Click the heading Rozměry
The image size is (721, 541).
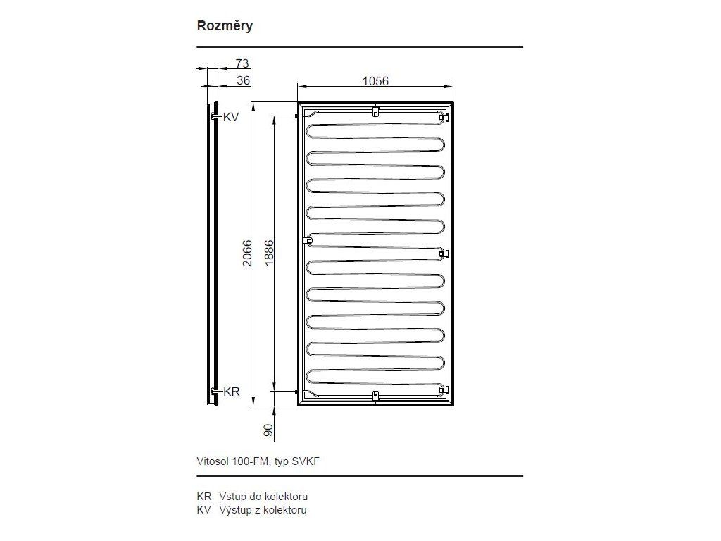(x=225, y=26)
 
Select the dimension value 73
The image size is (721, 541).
(x=242, y=63)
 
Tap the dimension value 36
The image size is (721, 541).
(x=243, y=80)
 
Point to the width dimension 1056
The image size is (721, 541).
(x=375, y=81)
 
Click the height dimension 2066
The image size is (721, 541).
(x=247, y=253)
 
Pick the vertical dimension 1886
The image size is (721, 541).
(x=269, y=252)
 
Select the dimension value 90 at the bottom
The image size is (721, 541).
(x=268, y=430)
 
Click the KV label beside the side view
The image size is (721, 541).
(x=231, y=118)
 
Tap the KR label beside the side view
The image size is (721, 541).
(x=232, y=392)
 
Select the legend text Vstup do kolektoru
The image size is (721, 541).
(x=263, y=497)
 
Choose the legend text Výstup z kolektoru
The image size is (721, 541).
(x=263, y=510)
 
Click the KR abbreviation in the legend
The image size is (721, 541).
(x=204, y=497)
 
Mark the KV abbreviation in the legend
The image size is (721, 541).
(x=203, y=510)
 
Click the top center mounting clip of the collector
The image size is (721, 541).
(x=376, y=111)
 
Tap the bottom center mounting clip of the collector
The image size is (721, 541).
(x=376, y=396)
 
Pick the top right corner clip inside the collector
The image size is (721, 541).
(x=444, y=118)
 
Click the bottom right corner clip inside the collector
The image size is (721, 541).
(x=444, y=390)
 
